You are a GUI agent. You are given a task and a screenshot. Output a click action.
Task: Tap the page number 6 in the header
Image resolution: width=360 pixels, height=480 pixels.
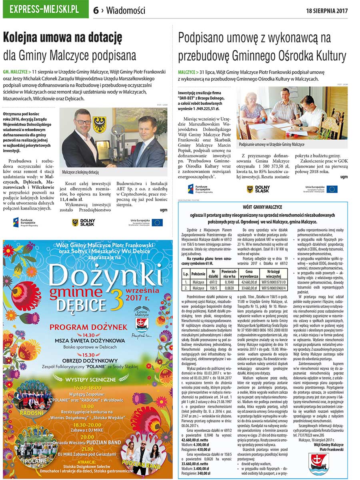click(x=96, y=10)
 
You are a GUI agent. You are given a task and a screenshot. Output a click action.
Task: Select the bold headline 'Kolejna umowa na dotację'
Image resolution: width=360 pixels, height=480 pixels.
click(x=62, y=39)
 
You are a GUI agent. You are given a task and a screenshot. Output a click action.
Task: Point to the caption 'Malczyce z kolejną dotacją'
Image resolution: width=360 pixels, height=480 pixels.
click(x=80, y=172)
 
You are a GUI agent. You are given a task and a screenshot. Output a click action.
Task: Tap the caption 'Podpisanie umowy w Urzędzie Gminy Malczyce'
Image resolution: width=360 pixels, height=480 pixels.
click(x=272, y=144)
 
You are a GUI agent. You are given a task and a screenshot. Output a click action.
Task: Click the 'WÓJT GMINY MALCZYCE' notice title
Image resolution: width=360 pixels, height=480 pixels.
click(x=262, y=207)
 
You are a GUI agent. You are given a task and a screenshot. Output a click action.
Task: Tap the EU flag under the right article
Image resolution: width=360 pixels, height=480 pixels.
click(x=332, y=189)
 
